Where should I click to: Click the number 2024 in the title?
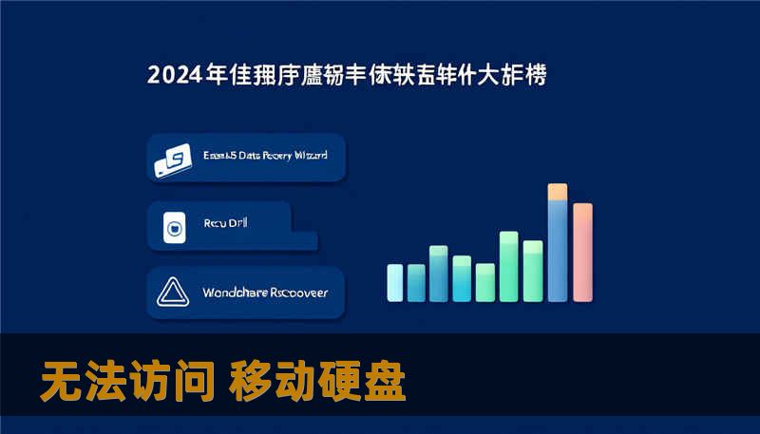pyautogui.click(x=176, y=75)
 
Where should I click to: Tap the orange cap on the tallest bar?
pyautogui.click(x=558, y=192)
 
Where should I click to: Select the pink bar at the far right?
pyautogui.click(x=582, y=252)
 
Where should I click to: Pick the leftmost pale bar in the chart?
pyautogui.click(x=395, y=282)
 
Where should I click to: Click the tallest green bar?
pyautogui.click(x=508, y=266)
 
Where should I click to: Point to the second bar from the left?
pyautogui.click(x=416, y=281)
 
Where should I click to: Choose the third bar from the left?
pyautogui.click(x=438, y=273)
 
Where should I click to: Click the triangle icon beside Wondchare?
pyautogui.click(x=174, y=292)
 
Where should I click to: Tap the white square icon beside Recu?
pyautogui.click(x=173, y=227)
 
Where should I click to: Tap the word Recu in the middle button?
pyautogui.click(x=216, y=225)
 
